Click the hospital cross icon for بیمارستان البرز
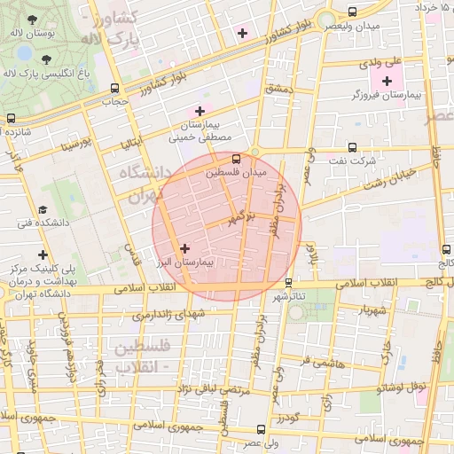tap(184, 249)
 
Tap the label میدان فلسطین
tap(235, 174)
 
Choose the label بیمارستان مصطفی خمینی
tap(200, 132)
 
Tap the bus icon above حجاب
tap(113, 89)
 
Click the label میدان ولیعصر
tap(354, 26)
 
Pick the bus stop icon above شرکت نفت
tap(353, 148)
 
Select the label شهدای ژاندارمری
tap(169, 314)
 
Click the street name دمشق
tap(277, 90)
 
